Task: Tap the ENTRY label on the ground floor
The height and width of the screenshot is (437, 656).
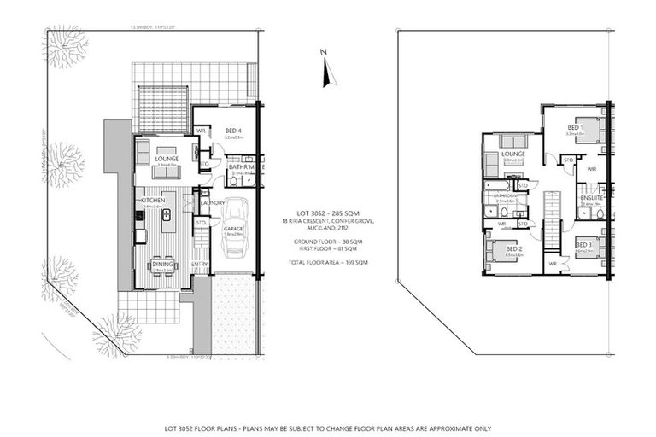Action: (x=199, y=265)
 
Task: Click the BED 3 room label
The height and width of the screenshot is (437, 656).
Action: (x=583, y=246)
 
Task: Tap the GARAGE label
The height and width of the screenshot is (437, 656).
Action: (x=233, y=229)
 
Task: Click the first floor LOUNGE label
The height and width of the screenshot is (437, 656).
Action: (x=512, y=154)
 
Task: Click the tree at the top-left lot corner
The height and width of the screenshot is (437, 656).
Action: (x=64, y=47)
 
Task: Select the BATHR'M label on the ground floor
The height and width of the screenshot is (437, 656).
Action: (x=241, y=167)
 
